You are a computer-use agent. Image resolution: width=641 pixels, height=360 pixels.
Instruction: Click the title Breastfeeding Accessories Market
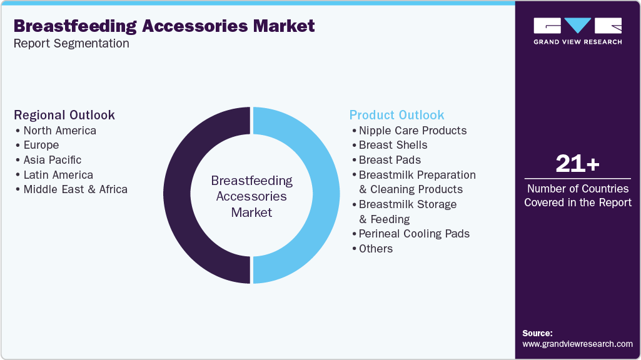pos(164,26)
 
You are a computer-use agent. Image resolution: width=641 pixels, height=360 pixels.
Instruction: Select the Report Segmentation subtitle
pos(71,44)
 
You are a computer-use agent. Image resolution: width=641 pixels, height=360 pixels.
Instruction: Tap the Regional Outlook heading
pos(64,115)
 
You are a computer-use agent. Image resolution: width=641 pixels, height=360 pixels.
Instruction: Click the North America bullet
pos(59,131)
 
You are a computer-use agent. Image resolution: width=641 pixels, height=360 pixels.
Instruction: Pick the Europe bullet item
pos(41,145)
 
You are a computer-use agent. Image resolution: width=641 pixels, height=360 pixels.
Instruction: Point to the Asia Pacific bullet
pos(53,160)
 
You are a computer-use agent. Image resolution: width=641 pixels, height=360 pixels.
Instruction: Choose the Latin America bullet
pos(58,175)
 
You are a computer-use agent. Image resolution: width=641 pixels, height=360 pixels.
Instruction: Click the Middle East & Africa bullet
pos(75,189)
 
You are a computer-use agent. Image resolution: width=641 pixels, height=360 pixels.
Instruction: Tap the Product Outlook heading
pos(396,115)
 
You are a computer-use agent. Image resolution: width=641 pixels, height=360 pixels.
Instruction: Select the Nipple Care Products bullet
pos(413,131)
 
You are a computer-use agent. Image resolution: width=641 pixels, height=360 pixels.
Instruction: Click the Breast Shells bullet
pos(393,145)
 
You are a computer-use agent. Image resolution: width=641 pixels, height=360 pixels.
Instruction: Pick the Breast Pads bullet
pos(390,160)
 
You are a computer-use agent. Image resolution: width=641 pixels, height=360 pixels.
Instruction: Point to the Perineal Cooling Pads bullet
pos(414,234)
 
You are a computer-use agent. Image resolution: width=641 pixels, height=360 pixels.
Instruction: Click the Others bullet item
pos(376,249)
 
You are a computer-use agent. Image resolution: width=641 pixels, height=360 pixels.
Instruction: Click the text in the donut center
pos(251,196)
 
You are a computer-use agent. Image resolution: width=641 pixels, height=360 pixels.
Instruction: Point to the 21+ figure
pos(577,164)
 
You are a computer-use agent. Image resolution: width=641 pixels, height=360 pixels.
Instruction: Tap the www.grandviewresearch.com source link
pos(577,344)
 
